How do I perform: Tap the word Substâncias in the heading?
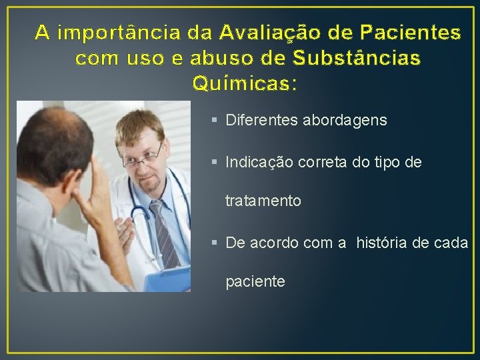(357, 59)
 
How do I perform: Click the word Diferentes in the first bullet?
(262, 121)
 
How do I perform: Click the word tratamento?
(263, 201)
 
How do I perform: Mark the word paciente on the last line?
(255, 282)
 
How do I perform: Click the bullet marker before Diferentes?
(213, 121)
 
